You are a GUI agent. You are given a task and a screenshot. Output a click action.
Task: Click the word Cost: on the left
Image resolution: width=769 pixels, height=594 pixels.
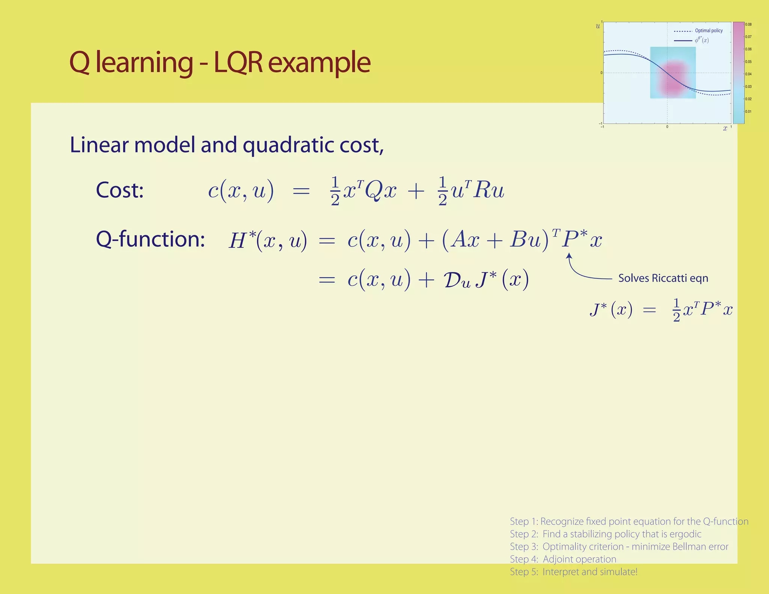pyautogui.click(x=120, y=190)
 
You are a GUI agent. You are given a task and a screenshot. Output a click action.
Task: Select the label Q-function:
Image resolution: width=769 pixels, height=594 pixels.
pyautogui.click(x=150, y=239)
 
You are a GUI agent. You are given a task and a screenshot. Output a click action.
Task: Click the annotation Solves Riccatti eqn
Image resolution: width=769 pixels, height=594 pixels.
pyautogui.click(x=663, y=278)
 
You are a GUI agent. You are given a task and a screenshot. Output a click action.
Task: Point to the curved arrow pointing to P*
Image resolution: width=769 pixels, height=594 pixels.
pyautogui.click(x=580, y=272)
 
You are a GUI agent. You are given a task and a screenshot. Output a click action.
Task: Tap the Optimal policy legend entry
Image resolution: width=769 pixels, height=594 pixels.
pyautogui.click(x=709, y=31)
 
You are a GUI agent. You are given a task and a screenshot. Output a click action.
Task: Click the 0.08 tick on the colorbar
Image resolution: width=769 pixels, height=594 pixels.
pyautogui.click(x=748, y=24)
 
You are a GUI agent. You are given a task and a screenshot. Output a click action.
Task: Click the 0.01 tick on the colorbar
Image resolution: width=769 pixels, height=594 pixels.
pyautogui.click(x=748, y=112)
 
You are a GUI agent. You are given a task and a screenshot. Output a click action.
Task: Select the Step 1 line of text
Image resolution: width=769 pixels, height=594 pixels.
pyautogui.click(x=629, y=521)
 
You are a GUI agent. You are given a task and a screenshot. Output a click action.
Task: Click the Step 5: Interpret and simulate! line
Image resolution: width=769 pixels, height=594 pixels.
pyautogui.click(x=573, y=572)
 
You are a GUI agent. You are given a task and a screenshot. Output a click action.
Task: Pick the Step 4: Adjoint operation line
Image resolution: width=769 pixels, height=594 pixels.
pyautogui.click(x=563, y=559)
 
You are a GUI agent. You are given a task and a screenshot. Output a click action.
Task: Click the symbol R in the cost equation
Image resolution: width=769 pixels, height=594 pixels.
pyautogui.click(x=481, y=191)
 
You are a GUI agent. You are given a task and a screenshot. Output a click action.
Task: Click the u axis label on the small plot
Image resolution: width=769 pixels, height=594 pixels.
pyautogui.click(x=598, y=26)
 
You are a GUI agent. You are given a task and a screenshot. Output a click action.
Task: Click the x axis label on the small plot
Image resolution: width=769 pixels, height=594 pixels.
pyautogui.click(x=725, y=128)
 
